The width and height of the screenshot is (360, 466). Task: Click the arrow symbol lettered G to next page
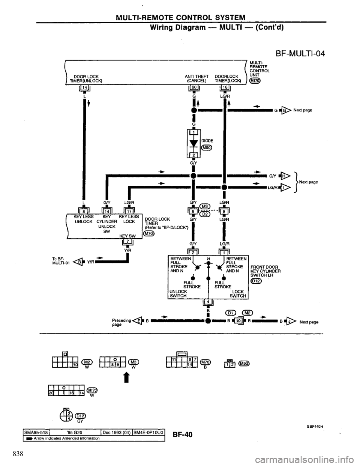[285, 110]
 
